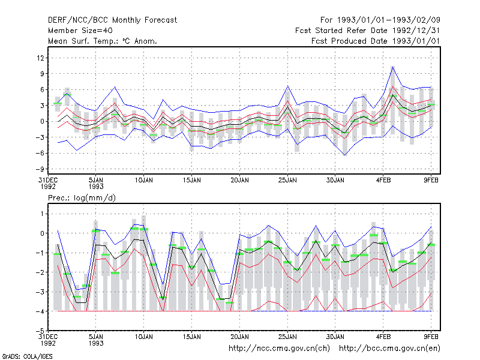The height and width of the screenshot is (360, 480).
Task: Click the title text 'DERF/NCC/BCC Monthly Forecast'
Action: coord(112,20)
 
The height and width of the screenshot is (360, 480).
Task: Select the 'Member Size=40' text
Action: coord(80,31)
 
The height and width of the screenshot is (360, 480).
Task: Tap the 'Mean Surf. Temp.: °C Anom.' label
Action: coord(103,41)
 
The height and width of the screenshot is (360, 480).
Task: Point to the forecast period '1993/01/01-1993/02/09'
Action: coord(388,20)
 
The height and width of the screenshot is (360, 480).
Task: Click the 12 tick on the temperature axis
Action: coord(41,58)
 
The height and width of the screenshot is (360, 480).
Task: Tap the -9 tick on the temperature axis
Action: coord(40,169)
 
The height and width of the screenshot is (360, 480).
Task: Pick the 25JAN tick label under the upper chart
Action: coord(287,181)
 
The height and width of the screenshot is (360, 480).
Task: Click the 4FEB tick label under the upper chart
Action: coord(383,181)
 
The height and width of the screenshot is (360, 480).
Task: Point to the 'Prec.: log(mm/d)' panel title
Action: coord(82,198)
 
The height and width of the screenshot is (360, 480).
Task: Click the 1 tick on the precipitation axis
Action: coord(42,214)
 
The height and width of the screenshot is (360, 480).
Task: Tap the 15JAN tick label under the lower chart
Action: coord(191,337)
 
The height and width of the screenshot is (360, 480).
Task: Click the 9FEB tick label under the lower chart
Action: coord(431,337)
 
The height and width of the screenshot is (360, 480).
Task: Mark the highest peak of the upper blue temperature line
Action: coord(393,67)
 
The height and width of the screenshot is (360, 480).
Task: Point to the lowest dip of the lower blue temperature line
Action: coord(345,155)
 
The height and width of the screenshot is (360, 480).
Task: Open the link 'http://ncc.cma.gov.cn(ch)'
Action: coord(279,349)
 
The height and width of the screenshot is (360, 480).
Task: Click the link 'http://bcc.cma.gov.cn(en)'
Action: coord(389,349)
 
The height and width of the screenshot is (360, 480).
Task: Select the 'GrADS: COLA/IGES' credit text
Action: coord(27,356)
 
